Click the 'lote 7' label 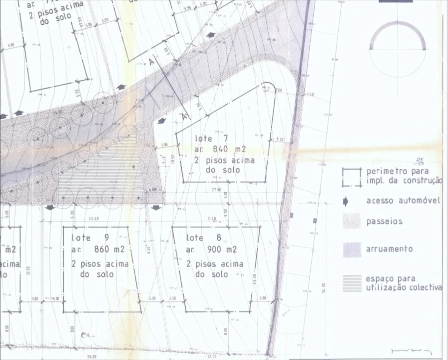(211, 138)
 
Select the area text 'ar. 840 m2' (221, 149)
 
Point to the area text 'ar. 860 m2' (98, 249)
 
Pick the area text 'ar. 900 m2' (212, 249)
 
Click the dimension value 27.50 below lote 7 (216, 190)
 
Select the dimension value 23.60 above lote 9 (93, 218)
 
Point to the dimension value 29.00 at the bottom (91, 356)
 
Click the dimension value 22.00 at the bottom (212, 356)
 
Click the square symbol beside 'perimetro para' (352, 177)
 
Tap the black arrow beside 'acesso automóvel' (345, 201)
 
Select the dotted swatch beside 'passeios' (352, 221)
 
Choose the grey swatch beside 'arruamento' (352, 249)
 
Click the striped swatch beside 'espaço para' (352, 283)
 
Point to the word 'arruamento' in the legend (390, 249)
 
